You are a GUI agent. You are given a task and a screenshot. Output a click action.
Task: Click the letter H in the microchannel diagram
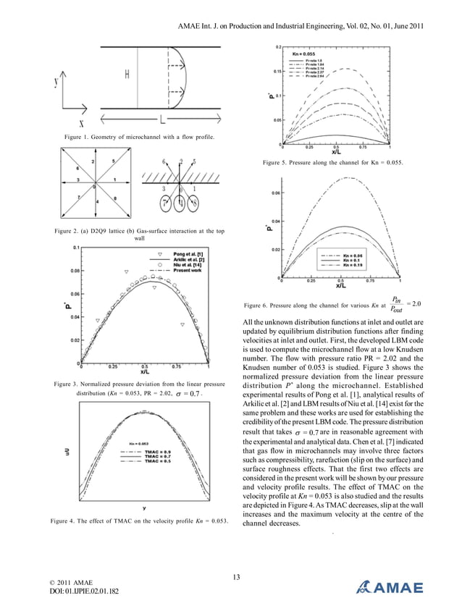point(127,74)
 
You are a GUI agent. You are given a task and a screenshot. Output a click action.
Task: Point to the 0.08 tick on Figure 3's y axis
point(75,271)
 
